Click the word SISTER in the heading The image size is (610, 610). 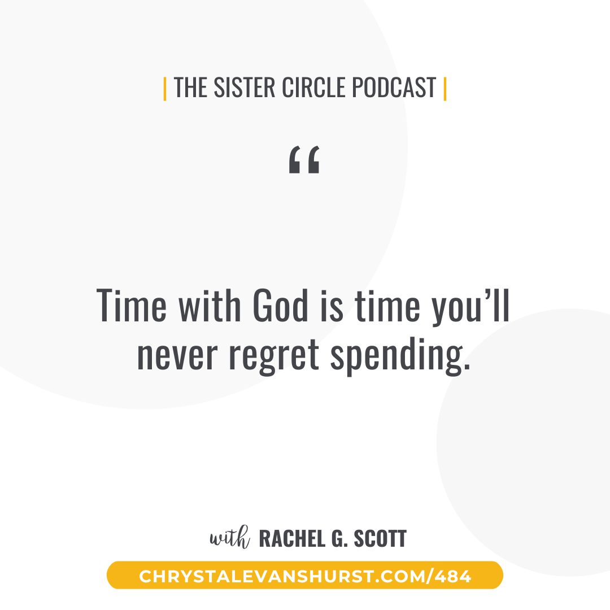click(x=245, y=87)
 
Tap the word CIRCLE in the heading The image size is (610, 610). click(x=313, y=87)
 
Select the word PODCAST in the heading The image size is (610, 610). click(x=394, y=87)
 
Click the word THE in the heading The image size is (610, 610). click(x=191, y=87)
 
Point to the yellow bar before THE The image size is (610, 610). click(x=165, y=89)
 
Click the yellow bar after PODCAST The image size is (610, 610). click(x=445, y=89)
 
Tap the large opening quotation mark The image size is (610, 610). click(x=304, y=159)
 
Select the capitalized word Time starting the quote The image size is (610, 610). click(x=132, y=306)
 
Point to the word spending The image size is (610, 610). click(x=400, y=356)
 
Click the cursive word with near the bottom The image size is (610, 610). click(x=230, y=537)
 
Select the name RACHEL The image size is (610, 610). click(x=292, y=539)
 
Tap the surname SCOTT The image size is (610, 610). click(x=380, y=539)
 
